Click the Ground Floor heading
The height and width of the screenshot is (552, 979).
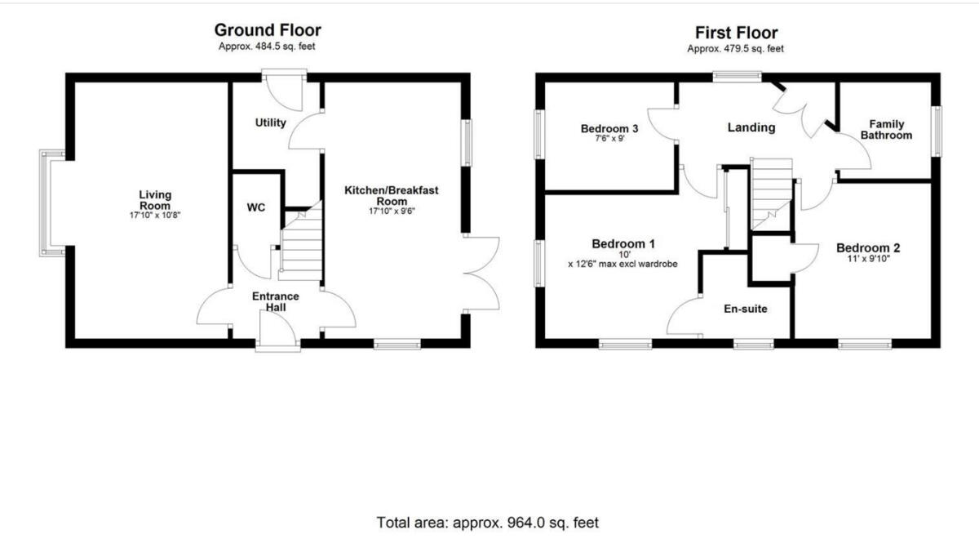pyautogui.click(x=267, y=30)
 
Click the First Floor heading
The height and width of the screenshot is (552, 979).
pyautogui.click(x=736, y=33)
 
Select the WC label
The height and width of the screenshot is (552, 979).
pyautogui.click(x=256, y=207)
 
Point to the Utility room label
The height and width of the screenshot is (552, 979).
pyautogui.click(x=271, y=123)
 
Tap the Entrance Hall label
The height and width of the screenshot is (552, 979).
pyautogui.click(x=275, y=301)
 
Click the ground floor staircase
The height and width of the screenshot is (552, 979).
pyautogui.click(x=302, y=245)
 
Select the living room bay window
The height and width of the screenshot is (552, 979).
pyautogui.click(x=51, y=203)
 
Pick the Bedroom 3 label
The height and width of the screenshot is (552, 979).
pyautogui.click(x=609, y=128)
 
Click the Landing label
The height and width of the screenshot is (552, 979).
pyautogui.click(x=751, y=127)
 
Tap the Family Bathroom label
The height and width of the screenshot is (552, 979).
pyautogui.click(x=885, y=130)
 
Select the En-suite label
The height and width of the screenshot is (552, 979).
pyautogui.click(x=746, y=309)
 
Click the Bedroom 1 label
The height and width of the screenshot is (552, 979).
pyautogui.click(x=623, y=243)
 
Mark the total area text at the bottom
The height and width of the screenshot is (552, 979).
pyautogui.click(x=487, y=522)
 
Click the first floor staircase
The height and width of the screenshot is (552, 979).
pyautogui.click(x=771, y=192)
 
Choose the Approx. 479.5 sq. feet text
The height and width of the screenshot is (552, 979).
pyautogui.click(x=735, y=49)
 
